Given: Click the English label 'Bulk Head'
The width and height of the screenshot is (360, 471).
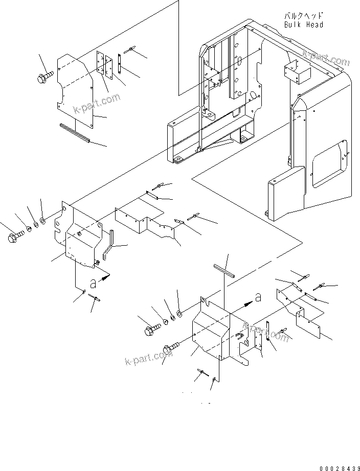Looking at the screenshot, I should pos(304,24).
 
